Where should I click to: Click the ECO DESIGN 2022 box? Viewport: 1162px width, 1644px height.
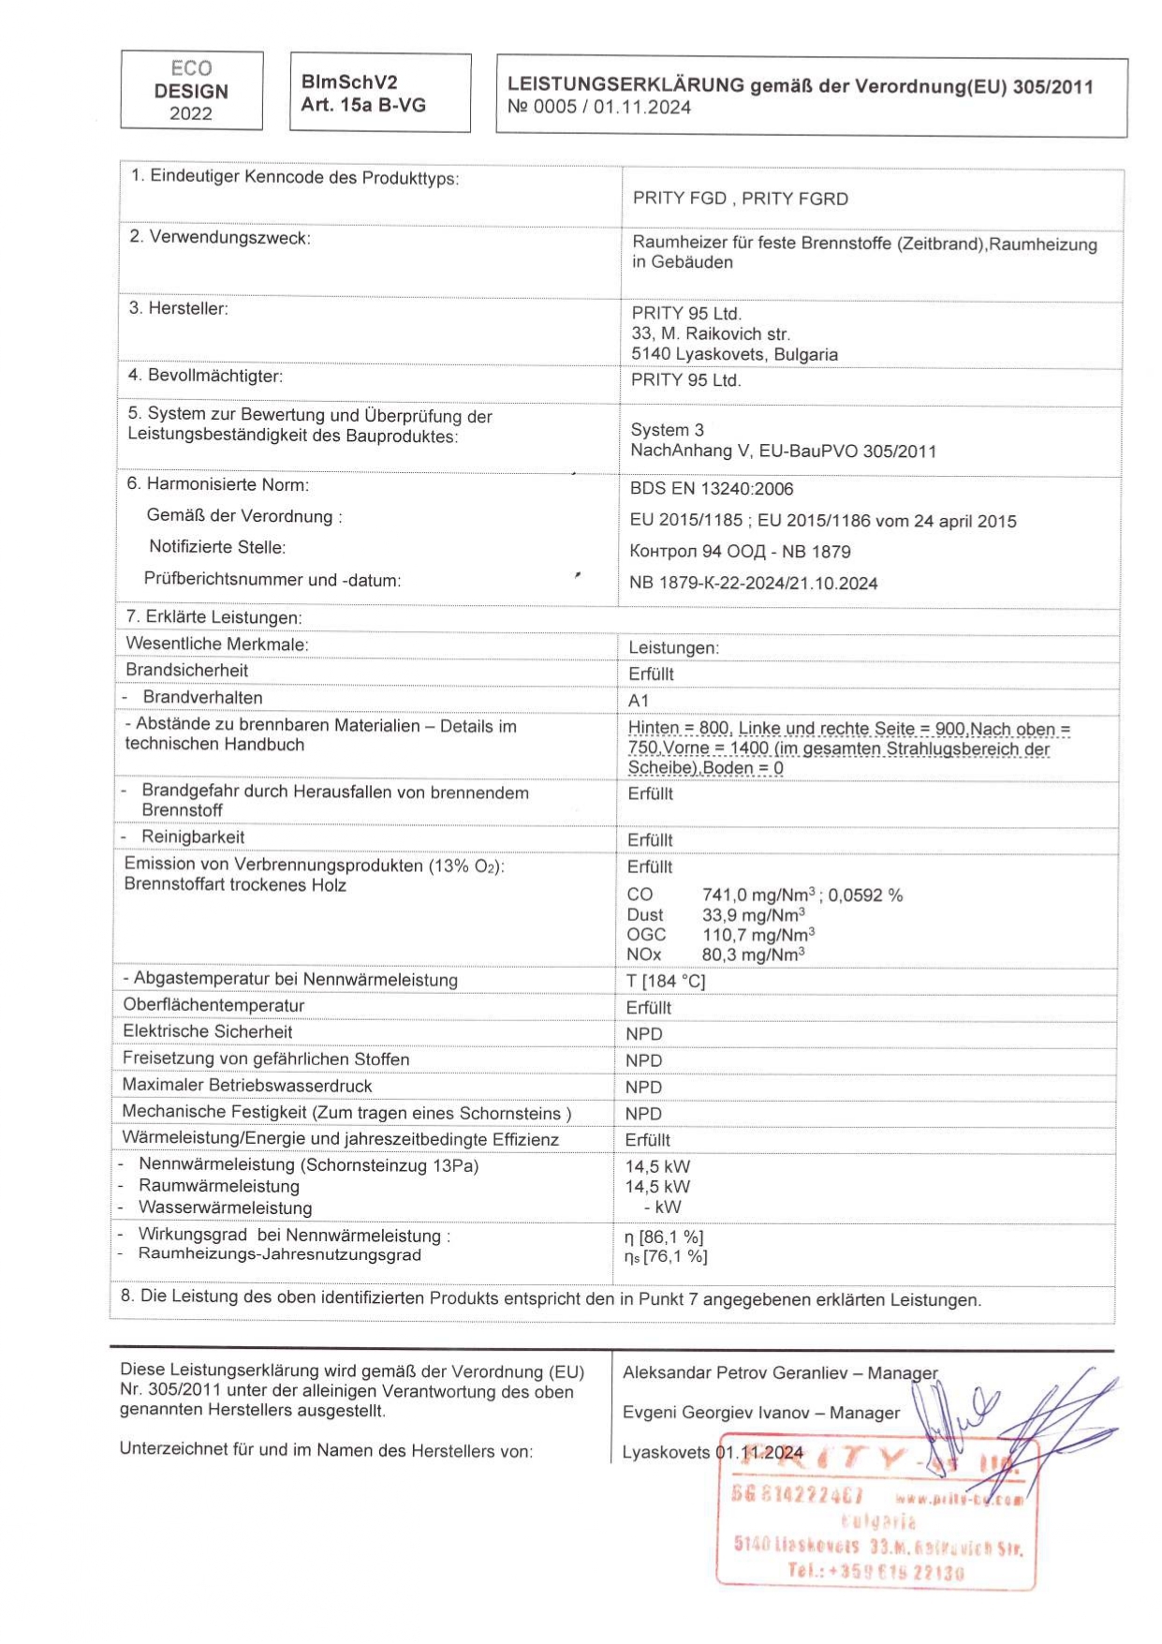(x=191, y=91)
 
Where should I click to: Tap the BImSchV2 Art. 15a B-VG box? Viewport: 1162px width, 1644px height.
(x=380, y=93)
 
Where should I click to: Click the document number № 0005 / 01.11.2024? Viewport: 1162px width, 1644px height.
(x=598, y=108)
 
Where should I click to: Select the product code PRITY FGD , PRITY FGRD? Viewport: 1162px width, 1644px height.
(x=740, y=199)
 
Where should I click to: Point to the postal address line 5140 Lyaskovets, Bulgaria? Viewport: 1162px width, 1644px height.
(x=734, y=354)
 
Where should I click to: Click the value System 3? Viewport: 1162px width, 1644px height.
(x=667, y=430)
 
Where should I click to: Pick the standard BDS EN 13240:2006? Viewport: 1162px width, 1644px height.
(x=711, y=489)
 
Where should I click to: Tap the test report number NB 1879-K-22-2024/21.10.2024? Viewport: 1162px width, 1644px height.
(x=753, y=584)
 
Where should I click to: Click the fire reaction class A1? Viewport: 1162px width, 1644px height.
(x=639, y=701)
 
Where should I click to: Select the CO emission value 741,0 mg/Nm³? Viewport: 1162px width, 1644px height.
(x=758, y=896)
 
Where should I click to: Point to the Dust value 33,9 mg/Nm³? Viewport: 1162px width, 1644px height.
(x=753, y=915)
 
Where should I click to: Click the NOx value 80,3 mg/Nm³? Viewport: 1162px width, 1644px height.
(x=753, y=955)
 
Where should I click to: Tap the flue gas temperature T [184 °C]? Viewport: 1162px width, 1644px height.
(x=666, y=981)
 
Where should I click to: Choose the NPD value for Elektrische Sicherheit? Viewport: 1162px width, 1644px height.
(x=643, y=1034)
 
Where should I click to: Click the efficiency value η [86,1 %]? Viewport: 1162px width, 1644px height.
(x=664, y=1237)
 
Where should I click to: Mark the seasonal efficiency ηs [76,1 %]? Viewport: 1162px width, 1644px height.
(x=666, y=1257)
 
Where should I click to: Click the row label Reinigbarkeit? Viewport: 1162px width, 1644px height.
(x=193, y=837)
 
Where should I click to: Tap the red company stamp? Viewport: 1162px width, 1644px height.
(x=877, y=1510)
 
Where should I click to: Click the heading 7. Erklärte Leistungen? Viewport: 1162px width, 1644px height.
(x=214, y=618)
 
